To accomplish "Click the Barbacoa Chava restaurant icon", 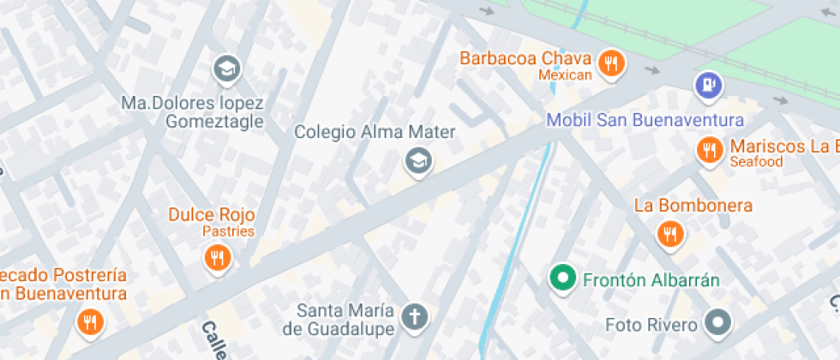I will coord(609,63).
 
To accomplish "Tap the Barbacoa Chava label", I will coord(525,59).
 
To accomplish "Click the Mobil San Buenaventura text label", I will coord(645,120).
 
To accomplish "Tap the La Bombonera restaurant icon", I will coord(669,233).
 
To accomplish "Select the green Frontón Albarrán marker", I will coord(562,278).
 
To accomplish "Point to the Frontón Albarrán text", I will coord(651,279).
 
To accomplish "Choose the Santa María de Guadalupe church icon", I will coord(415,317).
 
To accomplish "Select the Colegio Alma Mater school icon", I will coord(417,159).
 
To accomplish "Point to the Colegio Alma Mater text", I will coord(375,132).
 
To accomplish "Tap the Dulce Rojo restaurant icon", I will coord(218,257).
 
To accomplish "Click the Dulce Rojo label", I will coord(212,214).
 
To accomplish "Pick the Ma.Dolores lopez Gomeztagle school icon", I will coord(226,69).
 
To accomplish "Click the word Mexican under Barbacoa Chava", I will coord(565,75).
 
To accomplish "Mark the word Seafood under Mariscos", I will coord(756,161).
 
